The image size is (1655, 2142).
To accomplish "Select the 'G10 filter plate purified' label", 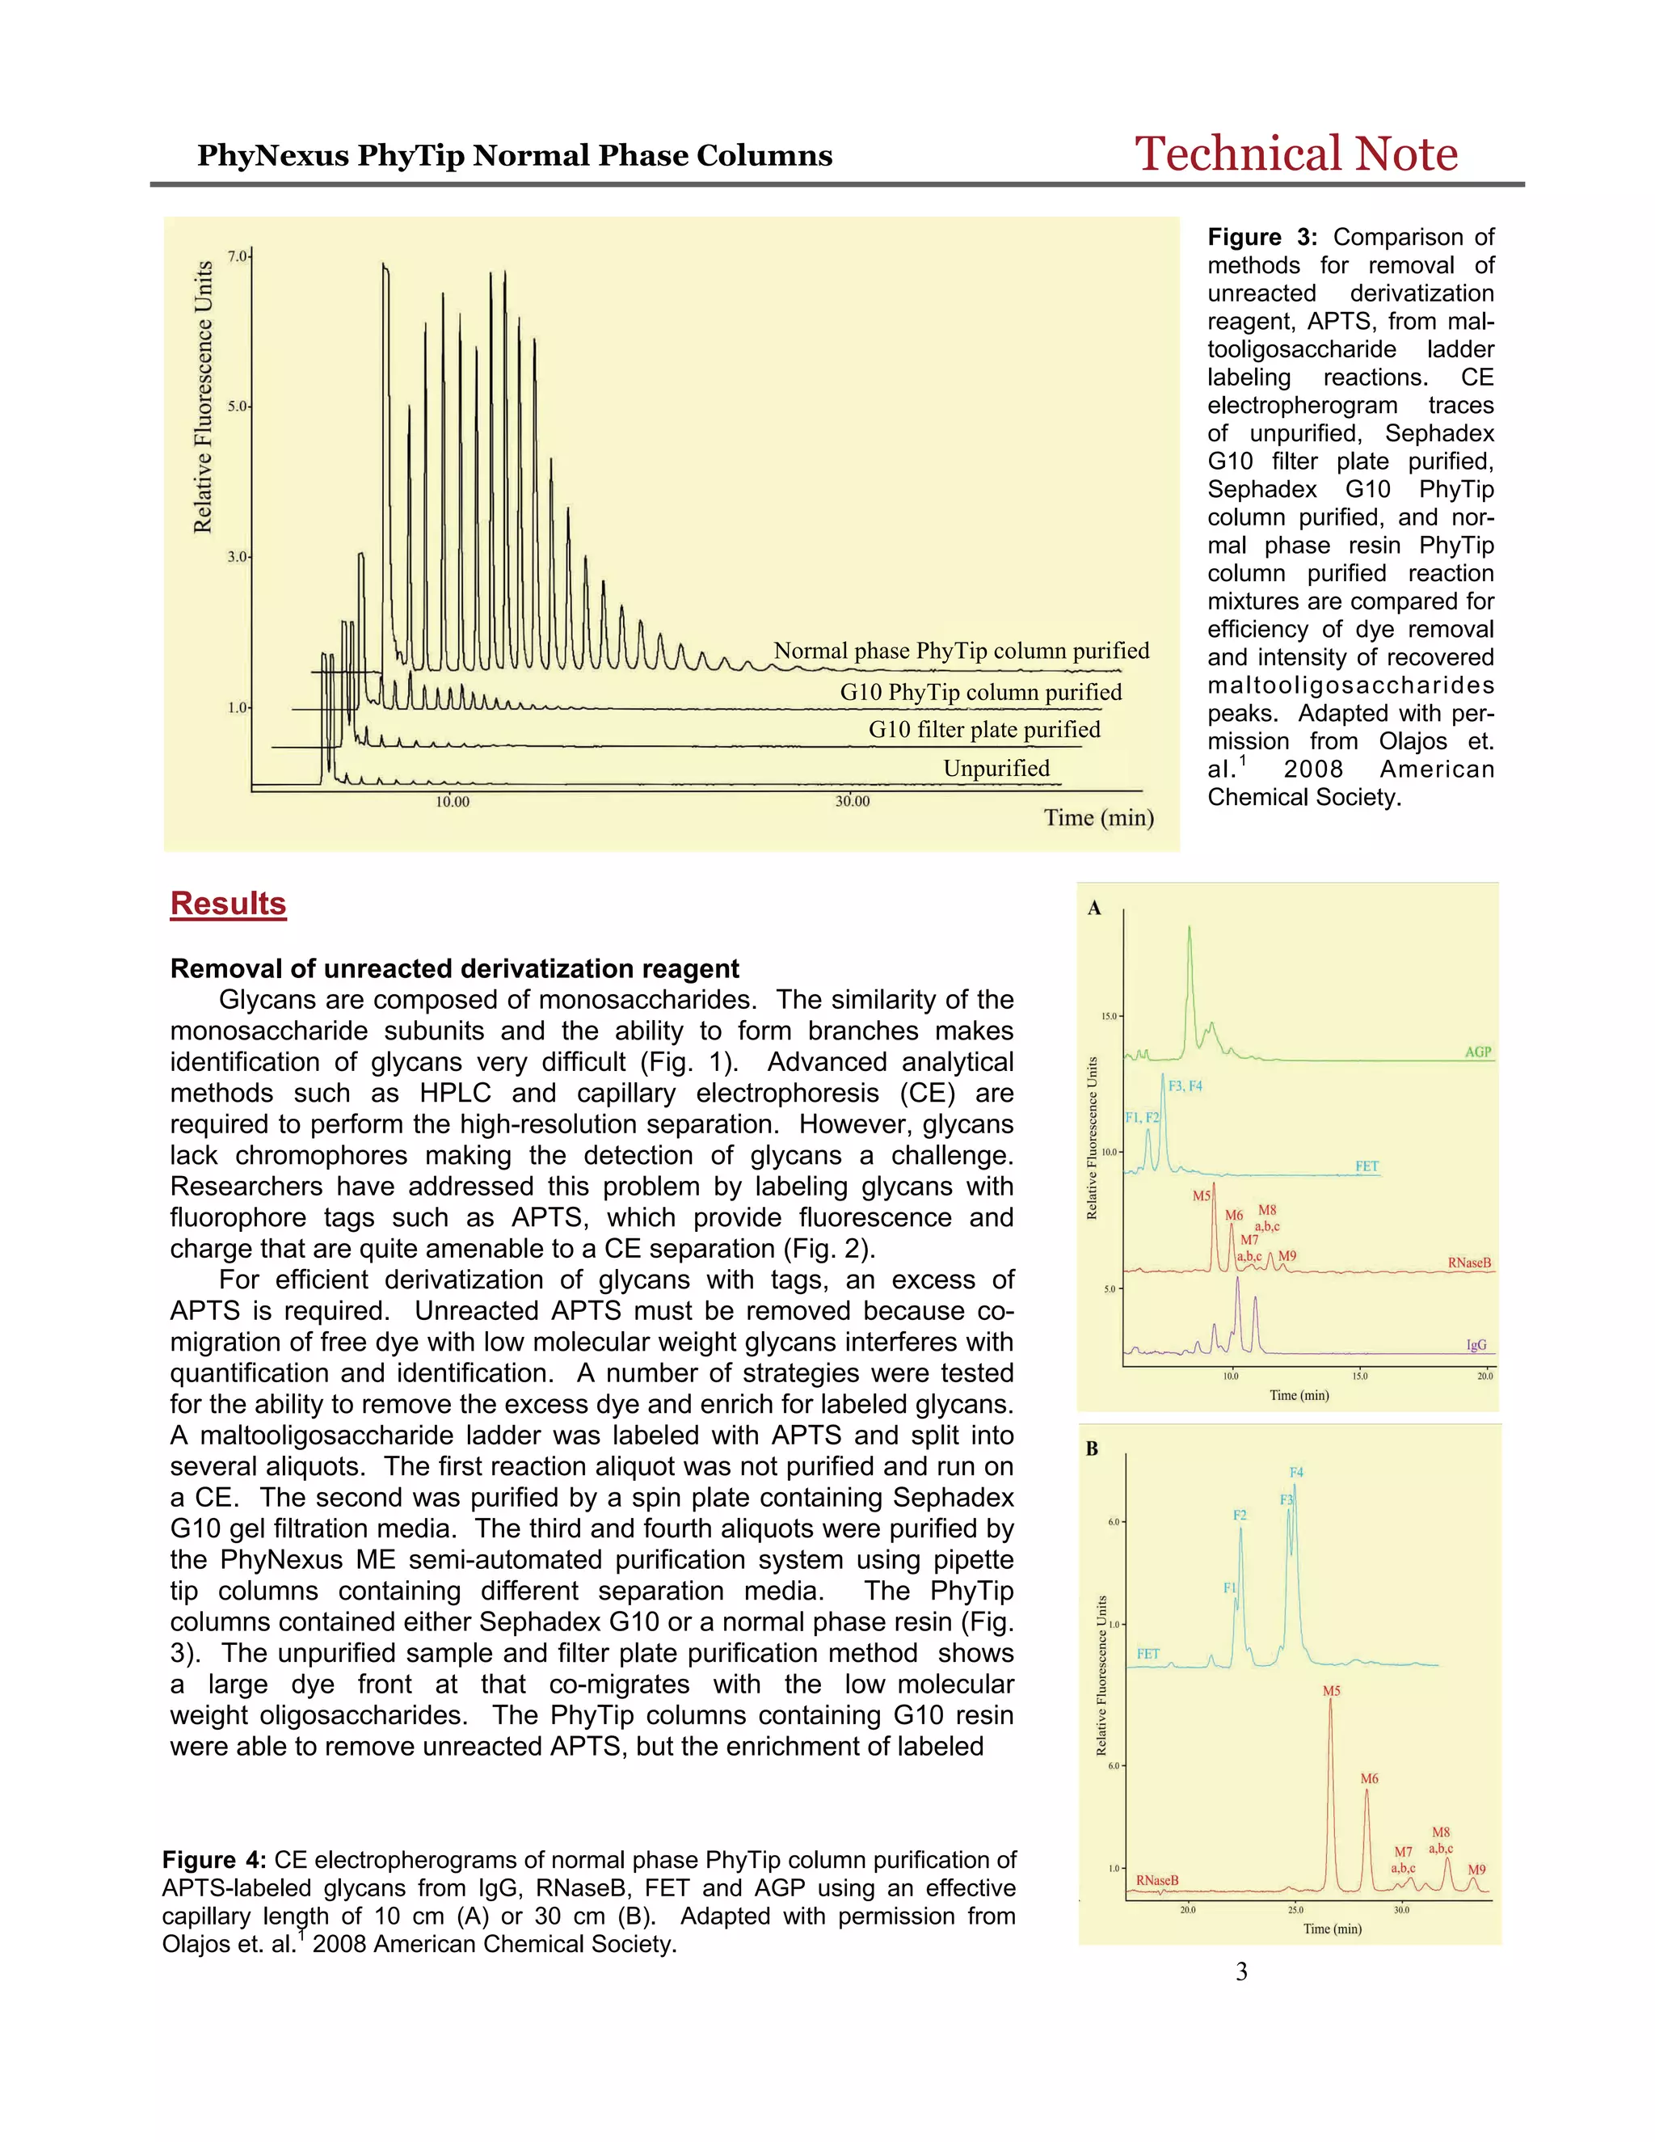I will click(x=983, y=729).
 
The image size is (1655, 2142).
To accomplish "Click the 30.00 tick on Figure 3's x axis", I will click(x=851, y=801).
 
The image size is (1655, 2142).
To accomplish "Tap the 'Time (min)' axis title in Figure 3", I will click(x=1098, y=817).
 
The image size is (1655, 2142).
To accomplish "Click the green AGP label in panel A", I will click(x=1476, y=1052).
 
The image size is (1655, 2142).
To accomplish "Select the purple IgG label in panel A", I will click(x=1476, y=1345).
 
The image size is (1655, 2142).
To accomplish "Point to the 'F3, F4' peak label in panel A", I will click(x=1185, y=1086).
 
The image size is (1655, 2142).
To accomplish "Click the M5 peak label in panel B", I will click(x=1330, y=1691).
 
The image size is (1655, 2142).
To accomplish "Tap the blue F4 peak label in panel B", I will click(x=1296, y=1472).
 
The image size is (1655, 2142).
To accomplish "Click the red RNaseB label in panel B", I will click(x=1157, y=1880).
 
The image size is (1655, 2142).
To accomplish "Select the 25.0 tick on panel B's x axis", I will click(x=1295, y=1909).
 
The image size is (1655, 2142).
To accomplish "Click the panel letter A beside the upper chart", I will click(x=1094, y=909).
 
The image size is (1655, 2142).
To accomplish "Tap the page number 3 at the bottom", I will click(x=1241, y=1971).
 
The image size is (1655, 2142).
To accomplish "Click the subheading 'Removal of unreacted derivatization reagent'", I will click(x=454, y=968).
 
